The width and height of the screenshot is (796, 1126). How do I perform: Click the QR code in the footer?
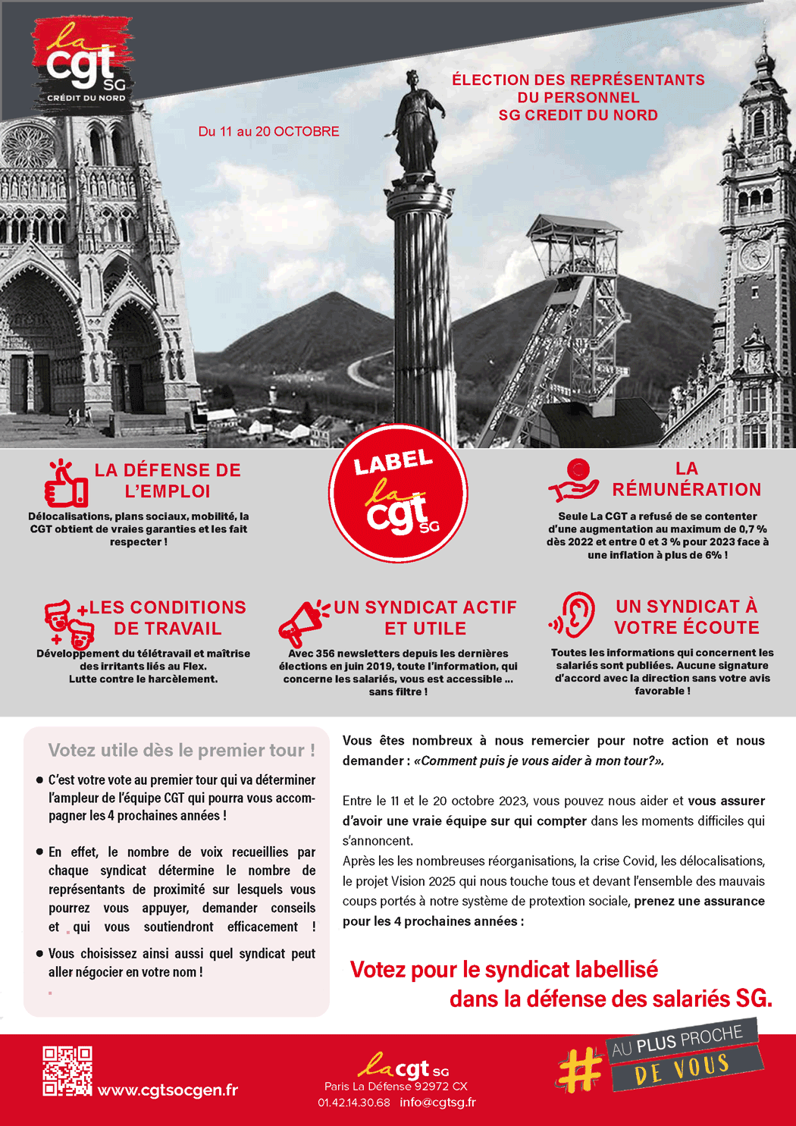[67, 1071]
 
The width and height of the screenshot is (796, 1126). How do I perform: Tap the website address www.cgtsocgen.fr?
[168, 1090]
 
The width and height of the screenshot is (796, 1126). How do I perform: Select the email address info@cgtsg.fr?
[437, 1102]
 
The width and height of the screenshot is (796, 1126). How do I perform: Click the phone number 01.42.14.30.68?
[354, 1102]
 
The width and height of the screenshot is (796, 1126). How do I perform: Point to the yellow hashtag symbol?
[581, 1069]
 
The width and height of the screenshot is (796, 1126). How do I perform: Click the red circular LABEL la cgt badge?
[398, 494]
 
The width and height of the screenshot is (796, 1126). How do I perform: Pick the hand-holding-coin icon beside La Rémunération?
[574, 481]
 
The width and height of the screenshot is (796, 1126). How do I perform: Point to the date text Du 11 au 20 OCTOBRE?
[268, 131]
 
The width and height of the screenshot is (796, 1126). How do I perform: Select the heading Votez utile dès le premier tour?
[181, 750]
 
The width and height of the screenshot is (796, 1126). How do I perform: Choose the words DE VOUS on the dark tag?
[682, 1068]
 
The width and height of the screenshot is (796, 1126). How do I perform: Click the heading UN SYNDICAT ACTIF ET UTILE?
[425, 618]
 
